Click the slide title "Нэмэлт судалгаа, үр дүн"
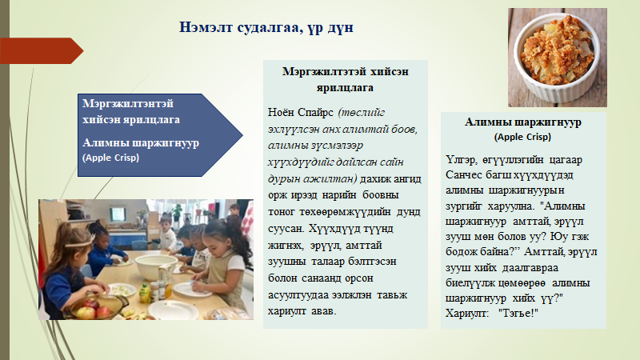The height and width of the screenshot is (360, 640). (x=266, y=27)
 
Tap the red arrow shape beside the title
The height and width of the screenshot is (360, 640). (x=42, y=51)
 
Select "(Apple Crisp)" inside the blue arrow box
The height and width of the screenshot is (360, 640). (x=110, y=158)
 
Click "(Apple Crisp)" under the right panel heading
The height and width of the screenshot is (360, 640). (x=522, y=137)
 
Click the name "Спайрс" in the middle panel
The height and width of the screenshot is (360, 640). (x=315, y=112)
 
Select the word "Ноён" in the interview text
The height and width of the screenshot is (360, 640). (x=281, y=112)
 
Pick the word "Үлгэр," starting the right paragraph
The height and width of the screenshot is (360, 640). (x=462, y=160)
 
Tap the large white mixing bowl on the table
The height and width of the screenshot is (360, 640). (x=156, y=266)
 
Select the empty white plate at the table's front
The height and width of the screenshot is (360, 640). (x=173, y=310)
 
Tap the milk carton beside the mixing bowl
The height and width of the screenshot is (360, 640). (x=166, y=280)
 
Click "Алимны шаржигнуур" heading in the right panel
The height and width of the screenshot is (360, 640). (x=523, y=122)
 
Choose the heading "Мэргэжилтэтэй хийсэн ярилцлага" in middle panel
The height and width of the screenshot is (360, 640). (x=346, y=79)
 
